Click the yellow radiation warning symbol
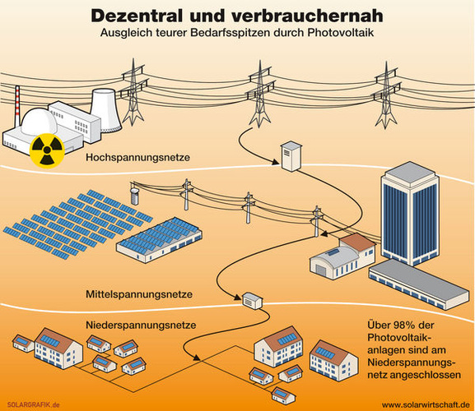(x=47, y=150)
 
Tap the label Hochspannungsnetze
(x=137, y=158)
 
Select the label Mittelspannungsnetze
(x=139, y=294)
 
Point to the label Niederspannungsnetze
(x=141, y=326)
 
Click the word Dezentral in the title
(x=137, y=16)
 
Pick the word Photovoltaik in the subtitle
(x=341, y=33)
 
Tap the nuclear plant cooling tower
(x=106, y=110)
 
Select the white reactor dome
(x=39, y=121)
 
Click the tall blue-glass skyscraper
(x=410, y=214)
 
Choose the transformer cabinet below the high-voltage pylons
(x=291, y=156)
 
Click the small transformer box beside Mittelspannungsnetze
(x=253, y=301)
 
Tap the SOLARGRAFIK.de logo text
(x=33, y=404)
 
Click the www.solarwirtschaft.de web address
(x=426, y=404)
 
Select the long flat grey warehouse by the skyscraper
(x=419, y=284)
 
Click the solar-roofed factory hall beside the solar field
(x=160, y=240)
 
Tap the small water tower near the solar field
(x=134, y=196)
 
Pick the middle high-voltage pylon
(x=259, y=94)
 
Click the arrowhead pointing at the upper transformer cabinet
(x=275, y=163)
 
